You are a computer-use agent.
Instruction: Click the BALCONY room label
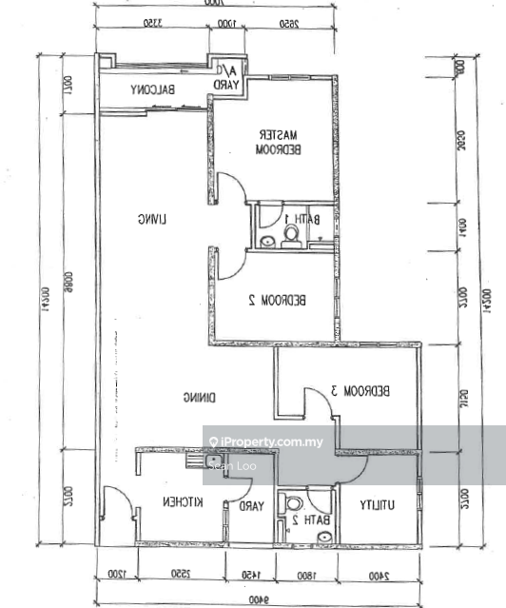(x=154, y=90)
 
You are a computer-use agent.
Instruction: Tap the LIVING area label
(x=151, y=220)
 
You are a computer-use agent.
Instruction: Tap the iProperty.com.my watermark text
(x=272, y=441)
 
